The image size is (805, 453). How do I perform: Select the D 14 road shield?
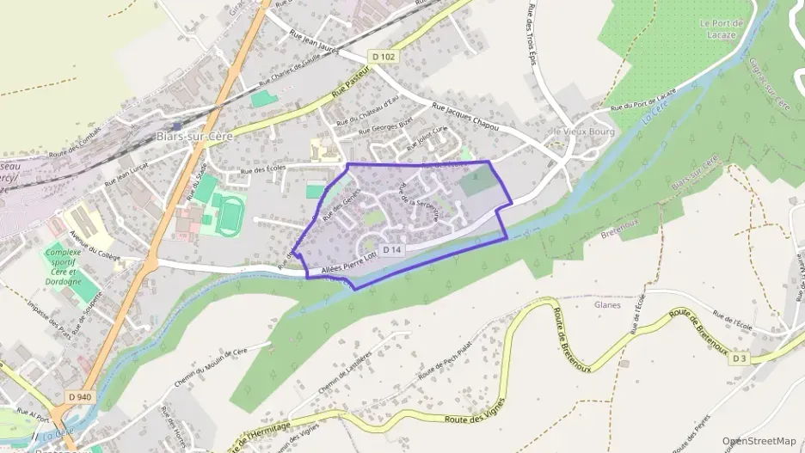pyautogui.click(x=392, y=248)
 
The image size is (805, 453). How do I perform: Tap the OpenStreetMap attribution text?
pyautogui.click(x=759, y=441)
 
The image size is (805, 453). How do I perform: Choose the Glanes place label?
pyautogui.click(x=607, y=304)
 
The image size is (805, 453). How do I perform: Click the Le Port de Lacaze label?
pyautogui.click(x=722, y=29)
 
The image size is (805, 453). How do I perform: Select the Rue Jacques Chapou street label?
pyautogui.click(x=465, y=118)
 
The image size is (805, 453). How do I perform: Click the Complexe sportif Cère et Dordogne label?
pyautogui.click(x=64, y=266)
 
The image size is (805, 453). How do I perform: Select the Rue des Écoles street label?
pyautogui.click(x=265, y=170)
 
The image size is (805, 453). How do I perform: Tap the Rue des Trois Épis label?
pyautogui.click(x=531, y=33)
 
